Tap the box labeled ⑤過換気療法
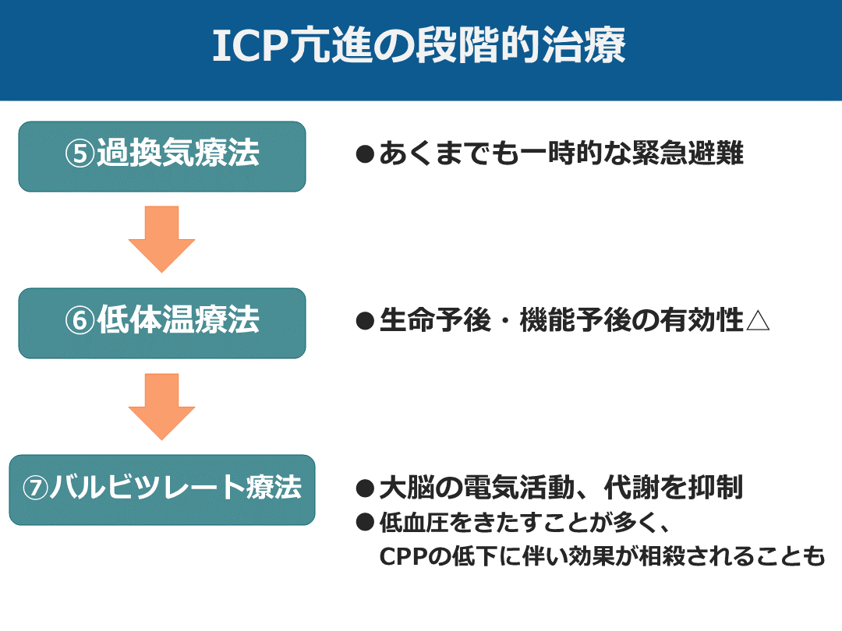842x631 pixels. (x=162, y=156)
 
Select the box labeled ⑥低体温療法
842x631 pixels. (x=162, y=323)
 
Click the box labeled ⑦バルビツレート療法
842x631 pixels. (x=162, y=490)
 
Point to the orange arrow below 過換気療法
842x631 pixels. (x=161, y=239)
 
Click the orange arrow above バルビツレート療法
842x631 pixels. (x=161, y=407)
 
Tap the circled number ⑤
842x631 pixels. (x=80, y=153)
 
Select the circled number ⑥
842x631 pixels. (x=80, y=320)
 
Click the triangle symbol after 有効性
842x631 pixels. (x=758, y=320)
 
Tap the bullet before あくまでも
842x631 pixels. (x=365, y=154)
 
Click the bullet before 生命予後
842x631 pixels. (x=365, y=321)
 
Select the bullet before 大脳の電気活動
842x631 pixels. (x=365, y=488)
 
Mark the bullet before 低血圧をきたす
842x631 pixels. (x=365, y=522)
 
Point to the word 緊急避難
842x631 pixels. (x=688, y=153)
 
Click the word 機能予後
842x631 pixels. (x=575, y=320)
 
